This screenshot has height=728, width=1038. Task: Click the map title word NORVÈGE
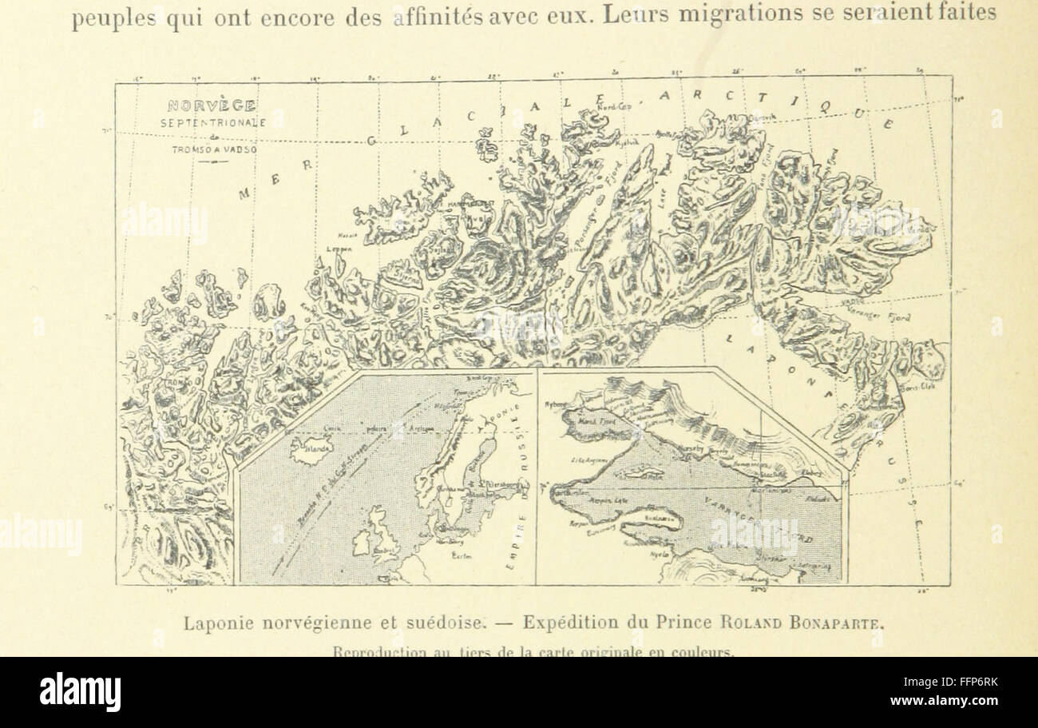click(x=211, y=105)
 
